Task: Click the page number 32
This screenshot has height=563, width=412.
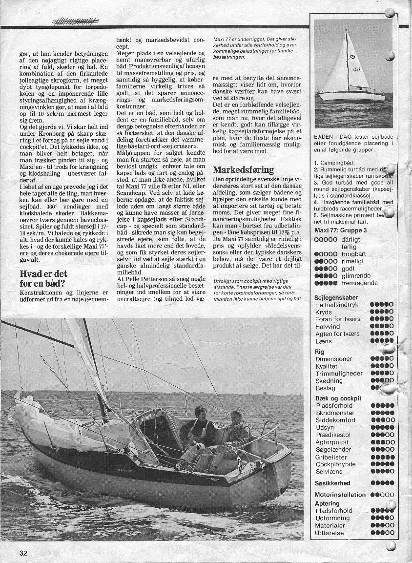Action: [x=23, y=553]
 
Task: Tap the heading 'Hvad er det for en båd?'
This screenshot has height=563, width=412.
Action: [x=43, y=278]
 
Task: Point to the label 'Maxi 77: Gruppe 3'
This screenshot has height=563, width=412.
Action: [x=342, y=230]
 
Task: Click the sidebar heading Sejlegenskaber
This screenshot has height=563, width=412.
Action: [x=336, y=297]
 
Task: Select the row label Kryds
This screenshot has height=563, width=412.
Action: [x=324, y=312]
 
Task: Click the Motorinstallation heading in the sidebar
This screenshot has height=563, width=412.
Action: [x=340, y=495]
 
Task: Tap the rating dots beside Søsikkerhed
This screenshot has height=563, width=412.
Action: [x=382, y=483]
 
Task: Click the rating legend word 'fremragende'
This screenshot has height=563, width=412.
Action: [x=360, y=283]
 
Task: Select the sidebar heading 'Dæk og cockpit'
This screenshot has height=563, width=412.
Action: [x=338, y=398]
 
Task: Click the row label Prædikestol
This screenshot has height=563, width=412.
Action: [x=333, y=435]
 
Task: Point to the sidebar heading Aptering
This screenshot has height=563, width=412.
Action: [x=327, y=503]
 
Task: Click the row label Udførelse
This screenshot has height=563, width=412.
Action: [x=330, y=533]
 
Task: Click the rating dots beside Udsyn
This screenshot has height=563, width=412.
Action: [x=382, y=427]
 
